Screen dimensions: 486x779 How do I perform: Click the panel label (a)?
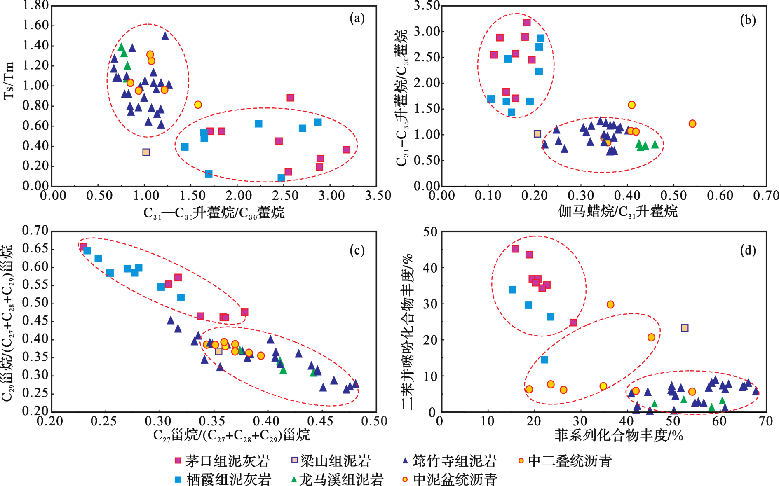(x=357, y=19)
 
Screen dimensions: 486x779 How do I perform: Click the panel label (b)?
(x=748, y=20)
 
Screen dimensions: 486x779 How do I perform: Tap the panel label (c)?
(x=357, y=250)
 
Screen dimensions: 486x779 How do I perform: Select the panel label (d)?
(x=748, y=250)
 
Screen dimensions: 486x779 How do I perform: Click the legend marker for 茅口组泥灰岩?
(x=178, y=460)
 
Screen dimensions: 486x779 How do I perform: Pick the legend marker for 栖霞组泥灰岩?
(x=178, y=479)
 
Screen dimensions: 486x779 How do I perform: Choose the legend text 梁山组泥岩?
(x=335, y=460)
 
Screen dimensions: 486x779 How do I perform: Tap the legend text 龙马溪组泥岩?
(x=341, y=479)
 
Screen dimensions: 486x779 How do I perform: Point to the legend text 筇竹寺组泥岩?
(x=454, y=460)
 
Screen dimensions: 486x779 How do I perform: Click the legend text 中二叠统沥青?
(x=570, y=460)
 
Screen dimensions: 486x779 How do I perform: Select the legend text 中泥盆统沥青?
(x=455, y=479)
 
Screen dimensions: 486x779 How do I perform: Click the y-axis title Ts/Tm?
(x=9, y=80)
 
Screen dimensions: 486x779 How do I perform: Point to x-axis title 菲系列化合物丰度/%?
(x=618, y=435)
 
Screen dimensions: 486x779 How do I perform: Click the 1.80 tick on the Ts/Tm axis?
(x=36, y=5)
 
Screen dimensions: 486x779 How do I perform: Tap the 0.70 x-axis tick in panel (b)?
(x=766, y=195)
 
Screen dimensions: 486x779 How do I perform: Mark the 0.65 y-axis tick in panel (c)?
(x=36, y=248)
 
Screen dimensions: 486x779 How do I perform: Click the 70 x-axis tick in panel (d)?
(x=766, y=421)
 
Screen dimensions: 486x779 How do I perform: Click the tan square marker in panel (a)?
(x=146, y=152)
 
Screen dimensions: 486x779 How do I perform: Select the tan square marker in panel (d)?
(x=685, y=328)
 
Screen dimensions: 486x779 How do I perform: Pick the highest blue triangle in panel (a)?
(x=165, y=36)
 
